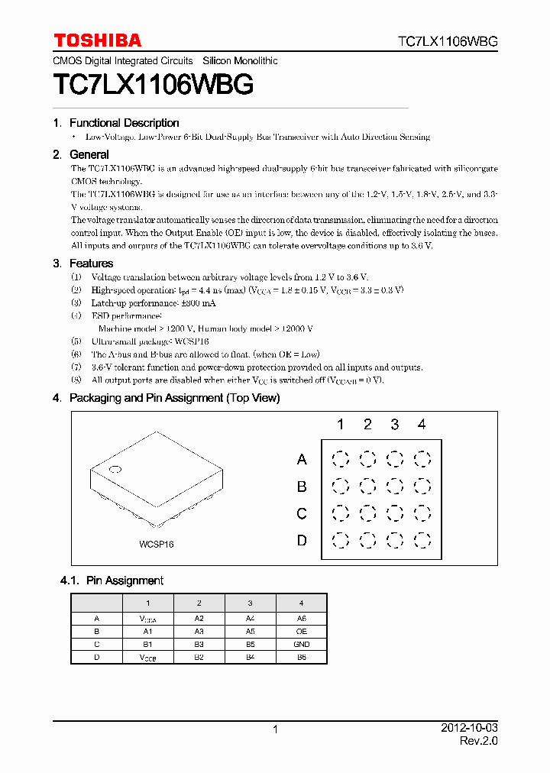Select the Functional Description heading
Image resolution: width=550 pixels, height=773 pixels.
point(124,123)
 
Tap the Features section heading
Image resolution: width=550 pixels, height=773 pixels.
point(91,264)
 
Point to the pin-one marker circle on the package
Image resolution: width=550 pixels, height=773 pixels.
point(115,469)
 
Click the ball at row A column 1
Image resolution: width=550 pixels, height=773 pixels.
point(340,459)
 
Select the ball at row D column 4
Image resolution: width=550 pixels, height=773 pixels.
point(422,541)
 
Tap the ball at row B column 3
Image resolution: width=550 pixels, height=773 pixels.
point(394,487)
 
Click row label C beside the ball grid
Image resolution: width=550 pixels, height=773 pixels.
point(302,513)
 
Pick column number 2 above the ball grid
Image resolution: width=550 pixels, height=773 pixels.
point(367,425)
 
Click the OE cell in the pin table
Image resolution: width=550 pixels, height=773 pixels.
point(301,632)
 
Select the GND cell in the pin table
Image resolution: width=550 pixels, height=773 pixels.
point(301,645)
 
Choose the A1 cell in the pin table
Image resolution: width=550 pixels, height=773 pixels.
point(147,632)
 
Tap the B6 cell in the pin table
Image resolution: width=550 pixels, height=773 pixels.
point(301,657)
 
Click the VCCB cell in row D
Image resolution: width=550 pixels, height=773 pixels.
point(147,658)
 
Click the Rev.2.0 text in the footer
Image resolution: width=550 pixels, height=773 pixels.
point(478,742)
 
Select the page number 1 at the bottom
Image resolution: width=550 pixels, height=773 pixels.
point(275,730)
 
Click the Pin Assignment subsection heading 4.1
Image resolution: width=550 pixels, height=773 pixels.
point(112,581)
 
